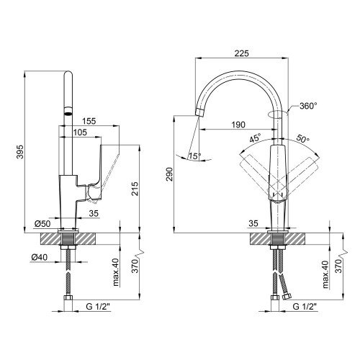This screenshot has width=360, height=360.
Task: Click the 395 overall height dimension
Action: pyautogui.click(x=21, y=152)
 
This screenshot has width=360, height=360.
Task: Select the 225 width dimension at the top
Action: pyautogui.click(x=242, y=53)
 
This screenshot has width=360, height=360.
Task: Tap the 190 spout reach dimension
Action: pyautogui.click(x=238, y=125)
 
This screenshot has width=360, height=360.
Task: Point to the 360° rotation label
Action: pyautogui.click(x=308, y=106)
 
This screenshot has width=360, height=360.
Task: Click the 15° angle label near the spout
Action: pyautogui.click(x=194, y=156)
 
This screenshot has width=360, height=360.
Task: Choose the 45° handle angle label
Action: pyautogui.click(x=255, y=139)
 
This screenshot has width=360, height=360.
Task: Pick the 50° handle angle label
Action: pyautogui.click(x=303, y=139)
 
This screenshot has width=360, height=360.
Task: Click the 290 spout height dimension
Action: pyautogui.click(x=169, y=175)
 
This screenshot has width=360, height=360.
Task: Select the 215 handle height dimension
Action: pyautogui.click(x=135, y=189)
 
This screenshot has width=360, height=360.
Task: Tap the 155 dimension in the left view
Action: pyautogui.click(x=89, y=121)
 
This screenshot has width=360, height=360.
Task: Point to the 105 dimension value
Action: pyautogui.click(x=80, y=132)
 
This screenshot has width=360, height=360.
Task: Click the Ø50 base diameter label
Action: pyautogui.click(x=42, y=224)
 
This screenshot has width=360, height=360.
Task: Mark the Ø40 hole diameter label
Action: pyautogui.click(x=40, y=258)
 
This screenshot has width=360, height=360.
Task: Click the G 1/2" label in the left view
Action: pyautogui.click(x=98, y=307)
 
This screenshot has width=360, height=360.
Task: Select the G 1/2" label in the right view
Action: pyautogui.click(x=305, y=307)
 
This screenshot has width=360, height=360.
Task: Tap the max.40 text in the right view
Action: pyautogui.click(x=325, y=274)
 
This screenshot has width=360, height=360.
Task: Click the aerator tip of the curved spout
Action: pyautogui.click(x=200, y=112)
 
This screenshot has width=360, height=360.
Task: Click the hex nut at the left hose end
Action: pyautogui.click(x=68, y=298)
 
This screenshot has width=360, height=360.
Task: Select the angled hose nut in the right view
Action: pyautogui.click(x=287, y=297)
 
